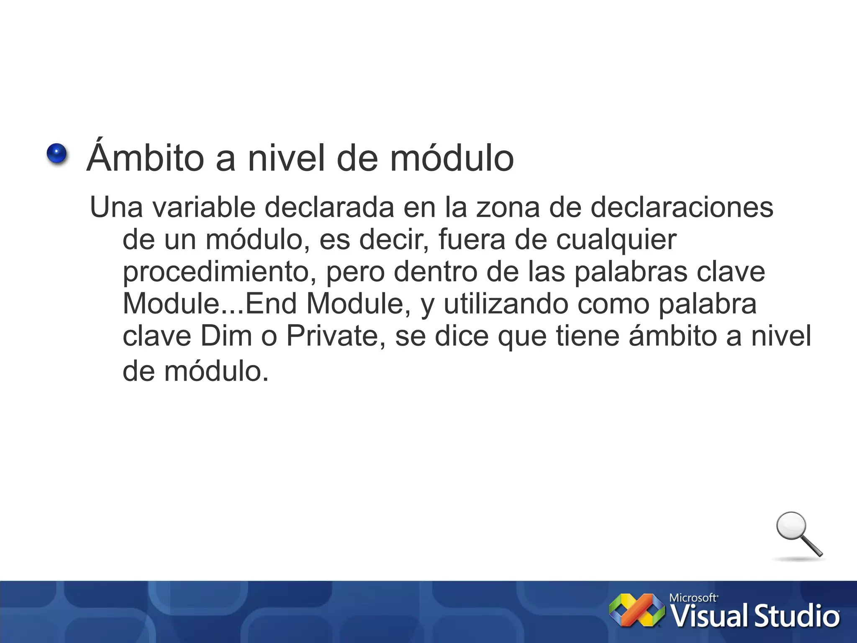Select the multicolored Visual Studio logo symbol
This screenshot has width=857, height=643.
(x=636, y=610)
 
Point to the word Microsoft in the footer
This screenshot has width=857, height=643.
(x=693, y=597)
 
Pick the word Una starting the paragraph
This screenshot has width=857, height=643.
(x=116, y=207)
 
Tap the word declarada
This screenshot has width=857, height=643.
(x=329, y=207)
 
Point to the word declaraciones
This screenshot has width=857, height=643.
(x=682, y=207)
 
